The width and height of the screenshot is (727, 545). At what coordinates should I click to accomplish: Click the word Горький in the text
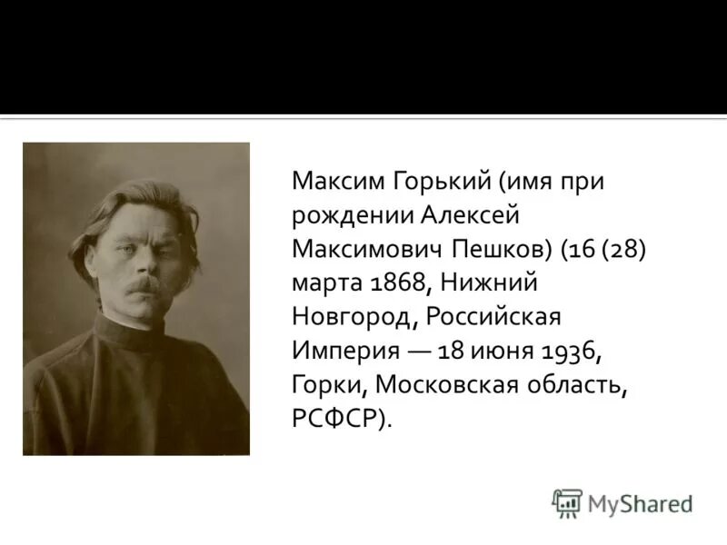(x=428, y=180)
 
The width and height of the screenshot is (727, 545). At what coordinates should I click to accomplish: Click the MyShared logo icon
(x=567, y=502)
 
